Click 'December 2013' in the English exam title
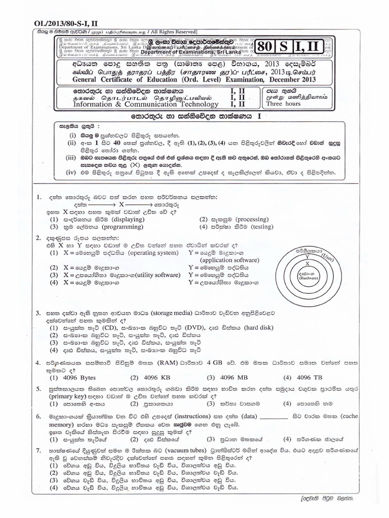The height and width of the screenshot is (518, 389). coord(290,79)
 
